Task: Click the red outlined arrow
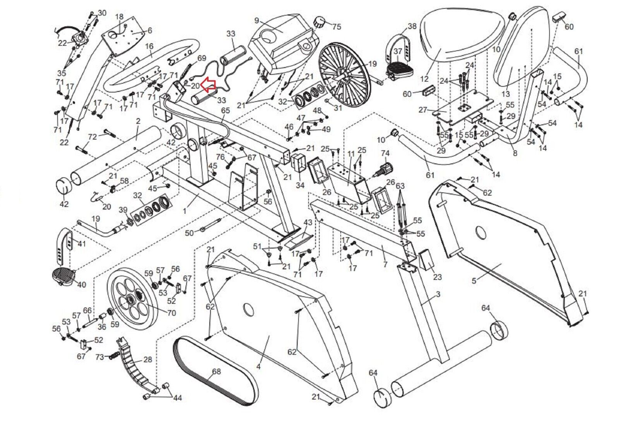208,85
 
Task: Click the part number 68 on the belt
216,371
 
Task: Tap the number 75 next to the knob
336,27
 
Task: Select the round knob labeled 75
320,22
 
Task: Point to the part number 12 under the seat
424,79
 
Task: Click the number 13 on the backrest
505,94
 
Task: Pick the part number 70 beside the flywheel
171,313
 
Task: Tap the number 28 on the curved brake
147,360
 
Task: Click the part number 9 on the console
256,20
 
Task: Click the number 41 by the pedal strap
82,244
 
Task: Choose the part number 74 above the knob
385,153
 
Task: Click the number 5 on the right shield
474,281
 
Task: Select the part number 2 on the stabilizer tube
138,121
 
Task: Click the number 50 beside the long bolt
189,233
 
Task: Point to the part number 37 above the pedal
398,51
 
